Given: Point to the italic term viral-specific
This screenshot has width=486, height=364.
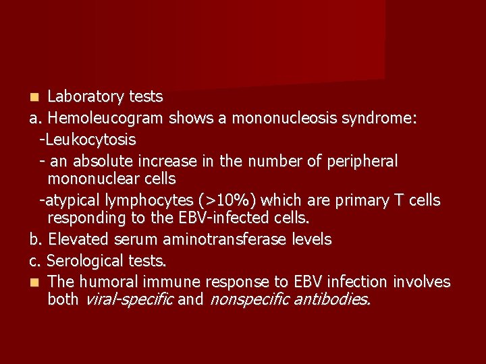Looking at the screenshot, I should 128,299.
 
